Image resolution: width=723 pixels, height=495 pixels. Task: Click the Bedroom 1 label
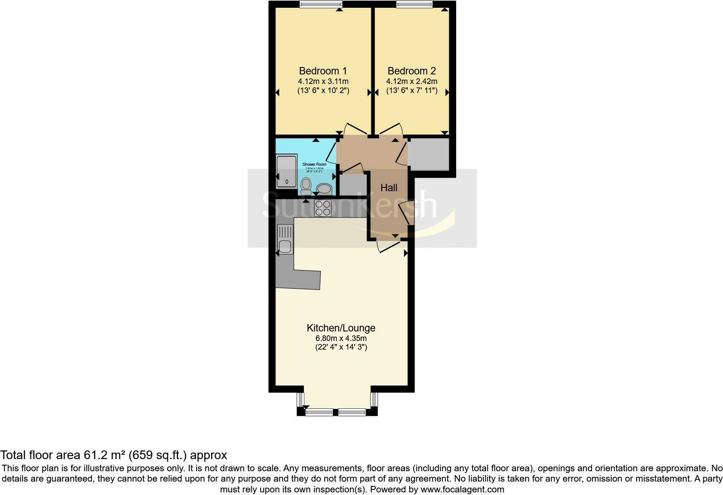[x=323, y=71]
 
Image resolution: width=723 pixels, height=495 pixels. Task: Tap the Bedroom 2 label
[x=412, y=71]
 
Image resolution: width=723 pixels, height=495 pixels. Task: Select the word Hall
[x=389, y=188]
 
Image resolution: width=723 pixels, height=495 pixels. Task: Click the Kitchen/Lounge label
[x=341, y=328]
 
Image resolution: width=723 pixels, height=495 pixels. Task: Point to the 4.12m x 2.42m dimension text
[x=412, y=81]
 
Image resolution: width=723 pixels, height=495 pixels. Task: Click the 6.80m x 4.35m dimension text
[x=341, y=338]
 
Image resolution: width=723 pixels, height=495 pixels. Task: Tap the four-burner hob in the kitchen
[x=323, y=208]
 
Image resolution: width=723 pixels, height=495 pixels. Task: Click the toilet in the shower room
[x=306, y=186]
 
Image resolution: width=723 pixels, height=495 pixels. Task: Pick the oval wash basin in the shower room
[x=323, y=189]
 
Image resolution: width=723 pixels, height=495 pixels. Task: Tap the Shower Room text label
[x=314, y=165]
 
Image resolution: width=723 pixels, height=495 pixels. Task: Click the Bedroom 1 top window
[x=321, y=4]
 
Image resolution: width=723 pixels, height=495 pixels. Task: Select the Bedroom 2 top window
[x=414, y=4]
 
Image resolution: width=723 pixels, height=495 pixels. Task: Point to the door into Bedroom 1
[x=355, y=129]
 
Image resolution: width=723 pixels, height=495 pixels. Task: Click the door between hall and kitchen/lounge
[x=388, y=247]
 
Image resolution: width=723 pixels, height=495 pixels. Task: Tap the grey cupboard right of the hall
[x=428, y=154]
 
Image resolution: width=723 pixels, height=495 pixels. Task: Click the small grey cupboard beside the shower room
[x=353, y=183]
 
